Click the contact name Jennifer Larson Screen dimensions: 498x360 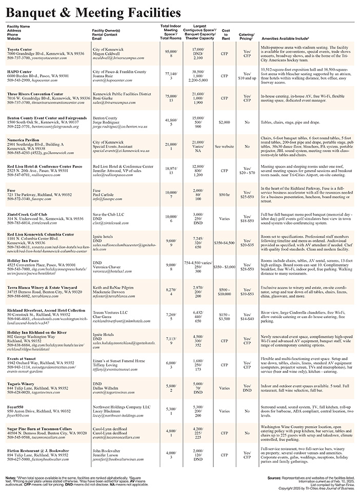pos(108,454)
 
